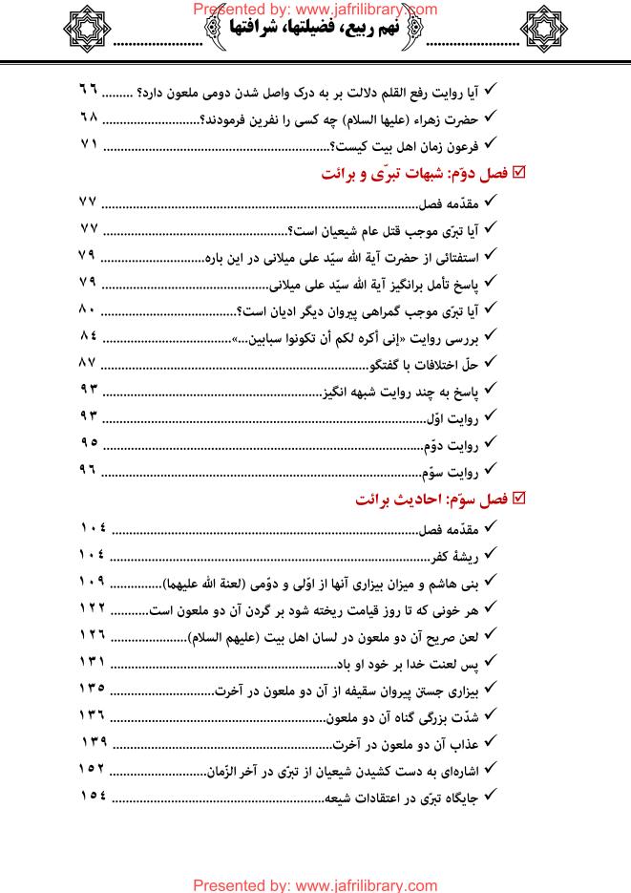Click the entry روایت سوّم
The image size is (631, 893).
coord(452,472)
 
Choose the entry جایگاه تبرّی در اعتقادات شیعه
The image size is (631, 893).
coord(406,797)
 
